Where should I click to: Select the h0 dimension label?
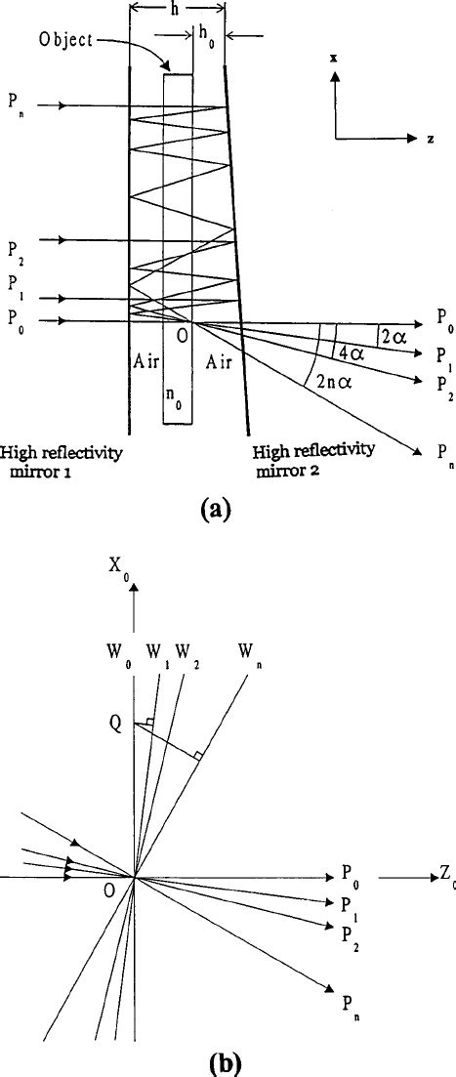click(x=207, y=32)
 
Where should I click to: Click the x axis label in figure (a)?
click(x=334, y=58)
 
